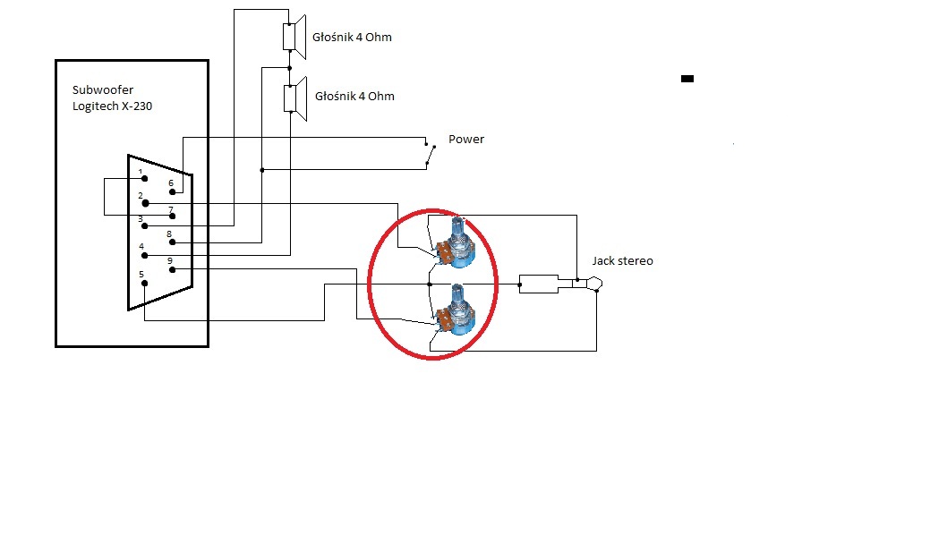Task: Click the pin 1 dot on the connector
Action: pyautogui.click(x=144, y=178)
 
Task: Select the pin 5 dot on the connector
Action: pyautogui.click(x=144, y=284)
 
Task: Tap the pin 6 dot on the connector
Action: pyautogui.click(x=172, y=192)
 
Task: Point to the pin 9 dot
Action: pyautogui.click(x=172, y=270)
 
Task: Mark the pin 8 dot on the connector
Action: pyautogui.click(x=172, y=242)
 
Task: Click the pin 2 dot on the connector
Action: pyautogui.click(x=145, y=203)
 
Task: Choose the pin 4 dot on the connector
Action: pyautogui.click(x=144, y=256)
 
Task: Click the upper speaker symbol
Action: pyautogui.click(x=294, y=37)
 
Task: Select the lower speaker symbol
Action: pyautogui.click(x=295, y=98)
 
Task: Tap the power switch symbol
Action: pyautogui.click(x=430, y=153)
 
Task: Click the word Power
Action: pyautogui.click(x=466, y=140)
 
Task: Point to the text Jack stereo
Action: pyautogui.click(x=622, y=261)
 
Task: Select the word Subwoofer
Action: pyautogui.click(x=103, y=90)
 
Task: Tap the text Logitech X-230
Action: pyautogui.click(x=112, y=106)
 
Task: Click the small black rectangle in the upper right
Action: pyautogui.click(x=687, y=78)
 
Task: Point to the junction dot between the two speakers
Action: pyautogui.click(x=289, y=68)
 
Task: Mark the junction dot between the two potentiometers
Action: pyautogui.click(x=430, y=284)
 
